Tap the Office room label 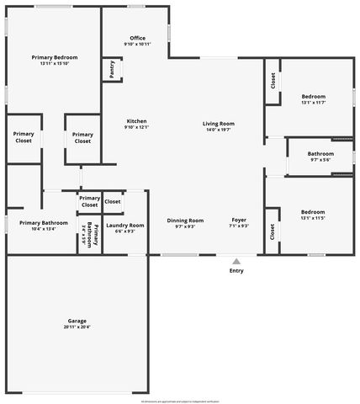pyautogui.click(x=137, y=38)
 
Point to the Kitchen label pyautogui.click(x=136, y=121)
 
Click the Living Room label pyautogui.click(x=218, y=124)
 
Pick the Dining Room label pyautogui.click(x=184, y=220)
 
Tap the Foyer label pyautogui.click(x=239, y=220)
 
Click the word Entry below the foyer pyautogui.click(x=236, y=270)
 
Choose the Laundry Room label pyautogui.click(x=125, y=225)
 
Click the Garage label pyautogui.click(x=77, y=321)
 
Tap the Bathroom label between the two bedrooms pyautogui.click(x=320, y=154)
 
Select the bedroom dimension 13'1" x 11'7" pyautogui.click(x=313, y=103)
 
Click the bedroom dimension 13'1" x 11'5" pyautogui.click(x=313, y=218)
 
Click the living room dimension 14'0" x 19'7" pyautogui.click(x=218, y=130)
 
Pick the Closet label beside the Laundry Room pyautogui.click(x=112, y=201)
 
